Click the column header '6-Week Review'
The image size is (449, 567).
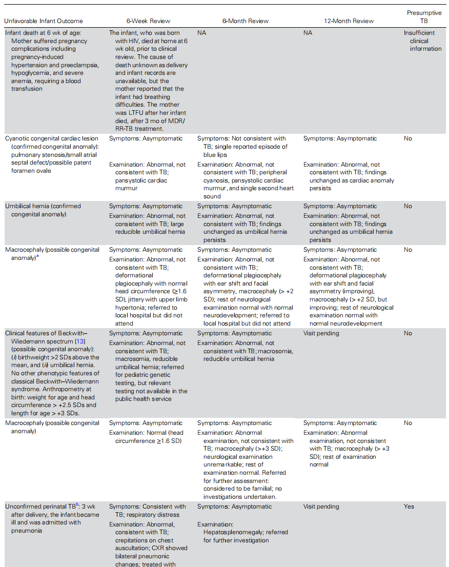(x=149, y=21)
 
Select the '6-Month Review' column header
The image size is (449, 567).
(x=245, y=21)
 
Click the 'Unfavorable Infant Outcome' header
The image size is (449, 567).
(x=44, y=21)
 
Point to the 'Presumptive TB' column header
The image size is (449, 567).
(x=424, y=17)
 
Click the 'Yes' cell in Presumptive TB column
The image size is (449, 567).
(x=409, y=507)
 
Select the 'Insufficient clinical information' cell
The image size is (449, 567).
(x=422, y=41)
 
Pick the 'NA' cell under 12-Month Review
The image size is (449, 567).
(x=308, y=33)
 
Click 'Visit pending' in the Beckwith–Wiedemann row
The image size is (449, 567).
(x=321, y=333)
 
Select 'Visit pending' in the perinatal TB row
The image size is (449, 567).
(x=321, y=507)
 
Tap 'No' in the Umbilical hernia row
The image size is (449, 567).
(x=408, y=206)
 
